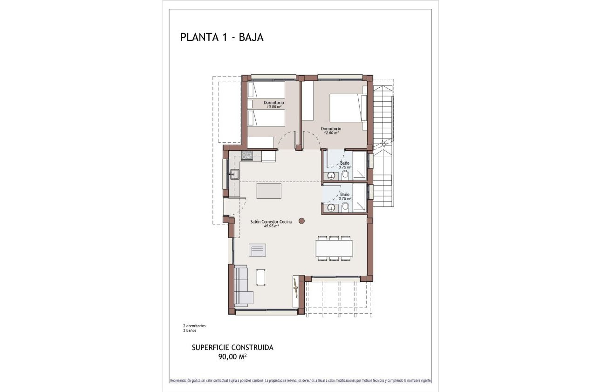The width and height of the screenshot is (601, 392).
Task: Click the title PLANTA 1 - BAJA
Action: click(x=222, y=37)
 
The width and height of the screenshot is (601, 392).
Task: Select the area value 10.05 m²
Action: click(x=273, y=107)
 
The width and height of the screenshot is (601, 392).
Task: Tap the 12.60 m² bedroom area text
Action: click(x=331, y=133)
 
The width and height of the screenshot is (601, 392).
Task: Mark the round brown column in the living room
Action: click(x=301, y=220)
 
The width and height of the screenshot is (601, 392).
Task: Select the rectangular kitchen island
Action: click(x=269, y=191)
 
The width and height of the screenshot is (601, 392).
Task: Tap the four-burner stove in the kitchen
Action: click(x=246, y=155)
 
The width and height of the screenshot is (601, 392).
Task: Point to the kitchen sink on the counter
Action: click(x=234, y=175)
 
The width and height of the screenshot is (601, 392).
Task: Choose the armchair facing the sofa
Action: click(x=257, y=250)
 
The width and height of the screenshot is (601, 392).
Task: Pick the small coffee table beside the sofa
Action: click(x=261, y=276)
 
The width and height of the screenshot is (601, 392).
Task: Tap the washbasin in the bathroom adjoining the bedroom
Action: click(x=331, y=176)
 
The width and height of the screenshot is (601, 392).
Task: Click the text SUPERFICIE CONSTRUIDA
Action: click(x=232, y=348)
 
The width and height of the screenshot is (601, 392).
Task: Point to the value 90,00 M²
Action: click(x=232, y=357)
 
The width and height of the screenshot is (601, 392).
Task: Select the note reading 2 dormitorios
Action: click(x=194, y=326)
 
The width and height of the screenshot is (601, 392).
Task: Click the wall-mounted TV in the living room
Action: click(x=295, y=287)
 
